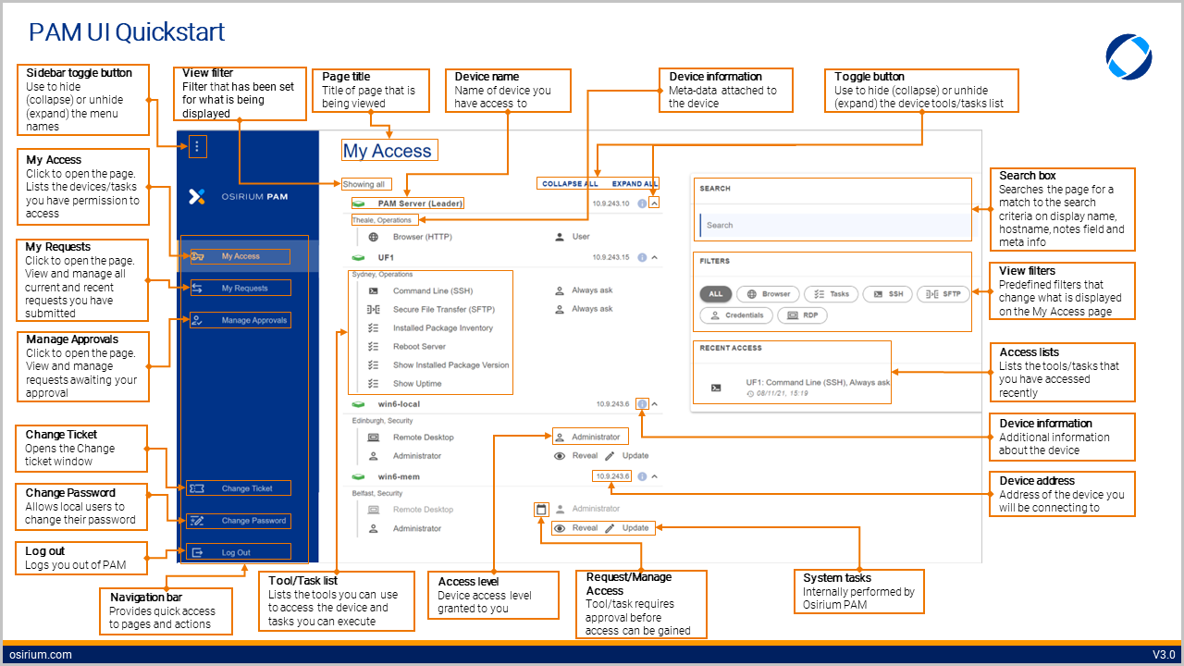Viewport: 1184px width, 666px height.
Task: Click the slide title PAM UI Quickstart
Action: [127, 32]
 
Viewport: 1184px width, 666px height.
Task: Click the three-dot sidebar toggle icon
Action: [197, 146]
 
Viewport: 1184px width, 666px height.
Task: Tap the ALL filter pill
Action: [716, 294]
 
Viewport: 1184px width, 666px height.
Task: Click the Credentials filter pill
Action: [735, 315]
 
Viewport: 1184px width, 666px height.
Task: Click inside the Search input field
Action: [832, 225]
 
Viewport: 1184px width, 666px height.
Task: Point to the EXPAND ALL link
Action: [635, 184]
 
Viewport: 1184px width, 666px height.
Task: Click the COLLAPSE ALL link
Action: [570, 184]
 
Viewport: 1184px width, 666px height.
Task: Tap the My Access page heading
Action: [388, 151]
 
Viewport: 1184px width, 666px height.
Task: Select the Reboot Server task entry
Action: [419, 347]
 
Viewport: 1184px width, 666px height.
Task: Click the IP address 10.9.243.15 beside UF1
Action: [610, 258]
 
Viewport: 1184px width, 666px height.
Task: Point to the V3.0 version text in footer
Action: [1163, 655]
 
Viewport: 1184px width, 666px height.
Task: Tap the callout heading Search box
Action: [1027, 176]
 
